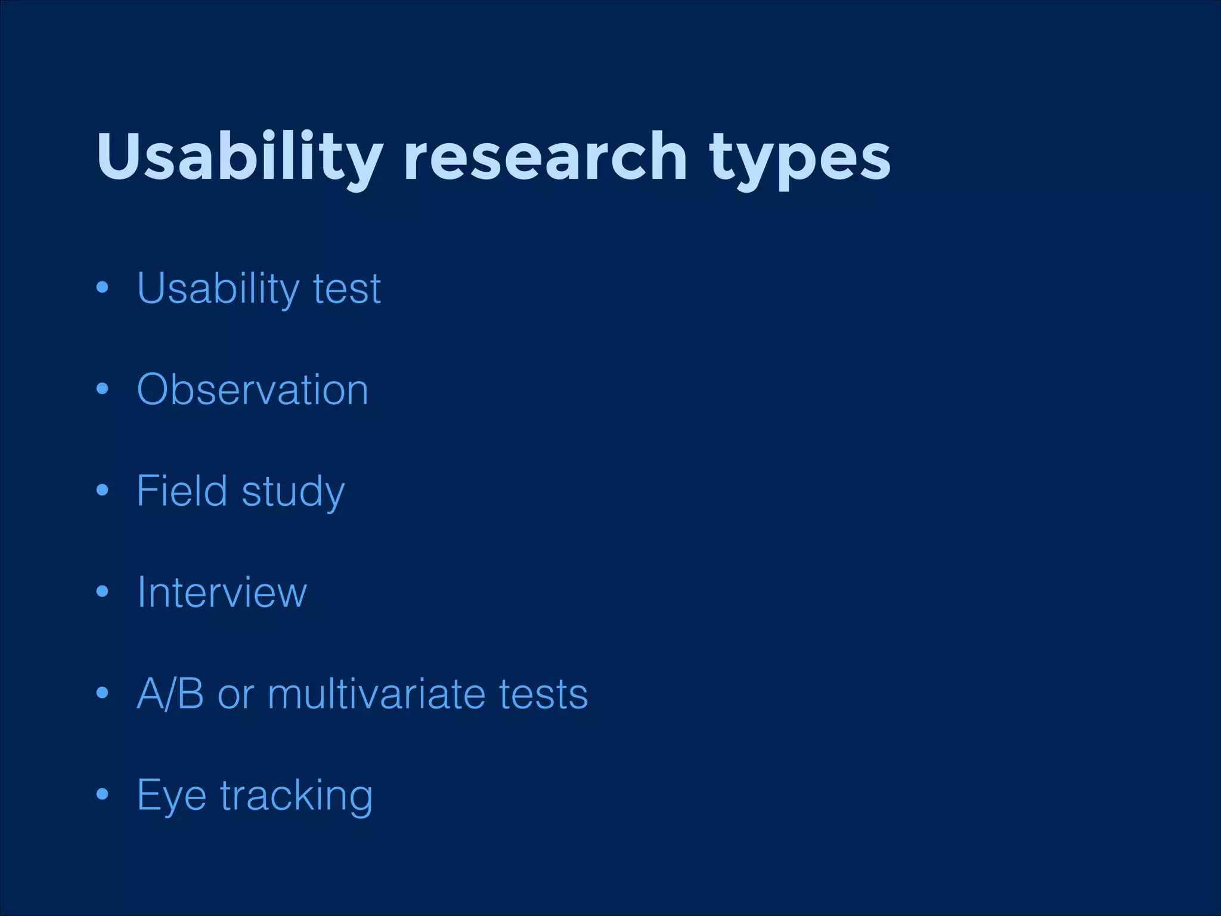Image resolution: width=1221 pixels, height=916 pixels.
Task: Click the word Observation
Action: [x=253, y=390]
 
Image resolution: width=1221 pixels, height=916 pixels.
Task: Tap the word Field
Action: [x=182, y=491]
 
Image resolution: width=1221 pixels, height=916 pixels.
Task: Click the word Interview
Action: [x=222, y=592]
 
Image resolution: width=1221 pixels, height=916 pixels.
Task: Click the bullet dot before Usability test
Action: [x=103, y=288]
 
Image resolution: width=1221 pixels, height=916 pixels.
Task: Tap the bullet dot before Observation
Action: [x=103, y=389]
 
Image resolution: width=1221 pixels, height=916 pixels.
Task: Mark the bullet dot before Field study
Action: [x=103, y=490]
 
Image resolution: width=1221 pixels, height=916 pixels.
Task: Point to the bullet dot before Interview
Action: [x=103, y=592]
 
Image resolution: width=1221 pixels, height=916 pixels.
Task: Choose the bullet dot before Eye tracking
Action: [x=103, y=794]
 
